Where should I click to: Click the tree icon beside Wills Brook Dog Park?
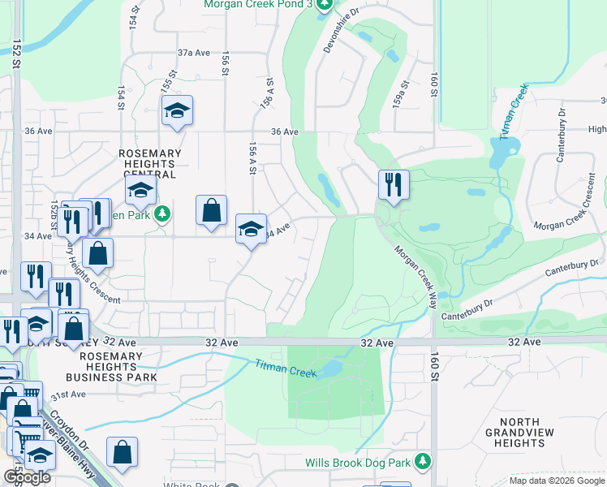[422, 462]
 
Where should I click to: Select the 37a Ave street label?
[193, 53]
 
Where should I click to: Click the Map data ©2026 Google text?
[556, 481]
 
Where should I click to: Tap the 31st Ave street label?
[67, 394]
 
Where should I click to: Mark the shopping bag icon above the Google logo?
[122, 453]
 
